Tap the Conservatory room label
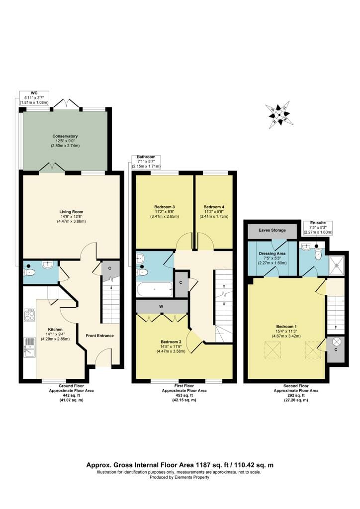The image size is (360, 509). [x=65, y=136]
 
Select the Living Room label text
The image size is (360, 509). [x=71, y=212]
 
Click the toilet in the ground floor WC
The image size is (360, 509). [x=29, y=272]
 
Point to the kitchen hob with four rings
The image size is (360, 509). [x=29, y=315]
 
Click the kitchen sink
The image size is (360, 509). [x=29, y=346]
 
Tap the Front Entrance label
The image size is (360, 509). [x=99, y=336]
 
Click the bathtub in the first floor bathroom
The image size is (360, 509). [x=155, y=289]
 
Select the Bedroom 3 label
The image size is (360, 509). [x=165, y=207]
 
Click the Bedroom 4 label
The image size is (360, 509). [x=214, y=207]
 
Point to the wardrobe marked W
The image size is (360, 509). [x=162, y=306]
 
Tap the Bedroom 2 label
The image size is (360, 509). [x=171, y=342]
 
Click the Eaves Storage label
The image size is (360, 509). [x=272, y=231]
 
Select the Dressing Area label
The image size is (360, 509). [x=272, y=254]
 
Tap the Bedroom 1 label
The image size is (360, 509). [x=286, y=327]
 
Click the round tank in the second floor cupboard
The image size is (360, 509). [x=336, y=341]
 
